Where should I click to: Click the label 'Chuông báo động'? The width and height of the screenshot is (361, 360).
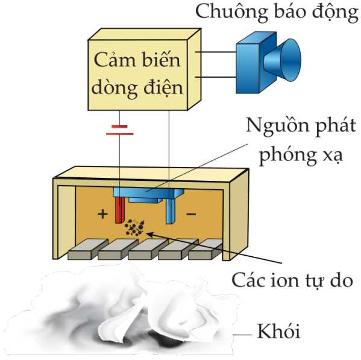(277, 12)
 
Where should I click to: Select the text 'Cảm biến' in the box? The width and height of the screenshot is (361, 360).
(137, 60)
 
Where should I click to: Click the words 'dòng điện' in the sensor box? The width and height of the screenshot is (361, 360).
(137, 89)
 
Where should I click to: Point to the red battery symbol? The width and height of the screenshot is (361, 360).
(119, 130)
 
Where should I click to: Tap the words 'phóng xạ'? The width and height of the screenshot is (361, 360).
(301, 155)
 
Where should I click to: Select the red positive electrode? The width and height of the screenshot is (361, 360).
(120, 210)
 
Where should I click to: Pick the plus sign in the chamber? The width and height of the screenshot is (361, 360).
(102, 214)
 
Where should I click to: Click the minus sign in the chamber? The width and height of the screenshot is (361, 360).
(191, 214)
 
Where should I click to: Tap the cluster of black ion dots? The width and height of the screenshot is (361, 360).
(134, 227)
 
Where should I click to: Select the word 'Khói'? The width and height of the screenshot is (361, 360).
(278, 331)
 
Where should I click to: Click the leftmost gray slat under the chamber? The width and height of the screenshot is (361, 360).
(88, 250)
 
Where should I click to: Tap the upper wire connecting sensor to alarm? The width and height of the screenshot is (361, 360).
(216, 52)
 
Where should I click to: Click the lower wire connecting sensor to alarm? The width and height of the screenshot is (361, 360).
(216, 77)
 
